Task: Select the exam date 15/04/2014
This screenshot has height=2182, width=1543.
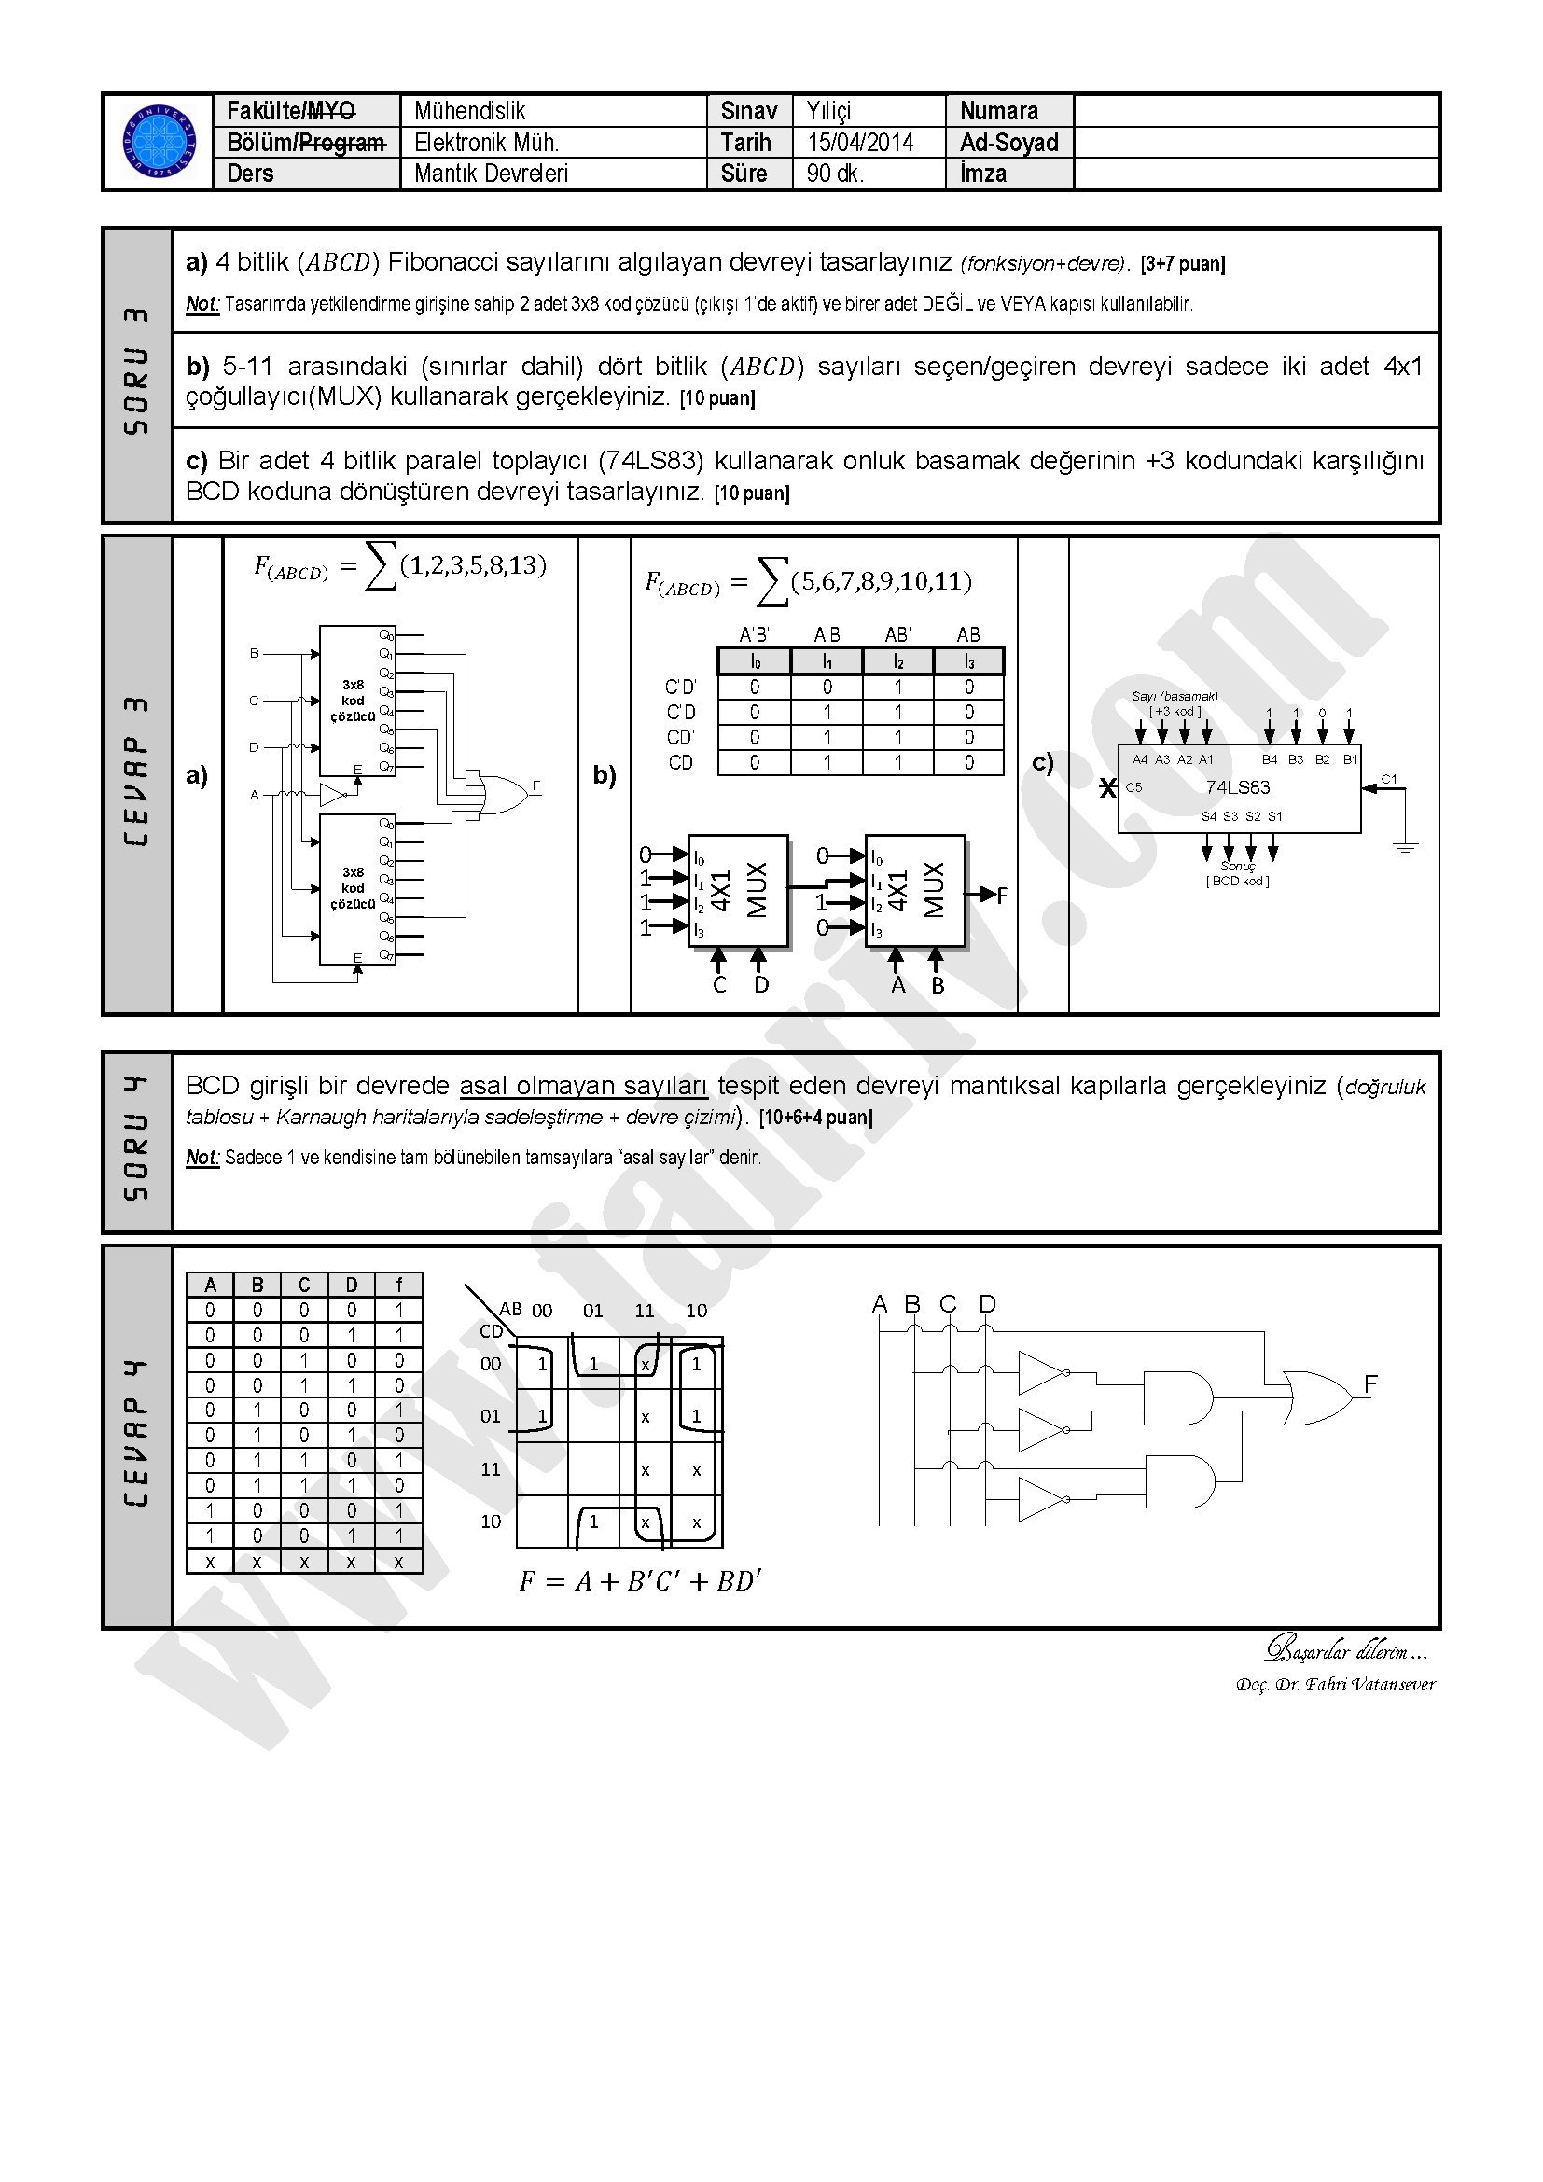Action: [860, 143]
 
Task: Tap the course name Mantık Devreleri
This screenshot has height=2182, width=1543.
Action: [491, 174]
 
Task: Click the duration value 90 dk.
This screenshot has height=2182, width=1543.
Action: [835, 174]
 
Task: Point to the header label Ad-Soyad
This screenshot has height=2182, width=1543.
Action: [1008, 143]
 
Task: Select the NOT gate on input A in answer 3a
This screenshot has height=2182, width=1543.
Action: [333, 795]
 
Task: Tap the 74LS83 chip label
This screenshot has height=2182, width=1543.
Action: [1237, 787]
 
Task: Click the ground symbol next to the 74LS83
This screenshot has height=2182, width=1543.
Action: [1405, 845]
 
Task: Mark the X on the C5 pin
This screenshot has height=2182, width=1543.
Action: [1107, 788]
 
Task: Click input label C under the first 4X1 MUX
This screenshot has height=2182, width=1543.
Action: [719, 985]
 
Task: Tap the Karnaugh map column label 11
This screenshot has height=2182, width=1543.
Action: [645, 1312]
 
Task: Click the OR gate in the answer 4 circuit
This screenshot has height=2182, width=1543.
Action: [1317, 1397]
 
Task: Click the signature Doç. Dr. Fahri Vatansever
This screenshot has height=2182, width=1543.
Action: [1335, 1685]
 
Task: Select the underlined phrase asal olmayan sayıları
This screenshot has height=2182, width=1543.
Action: [583, 1086]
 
